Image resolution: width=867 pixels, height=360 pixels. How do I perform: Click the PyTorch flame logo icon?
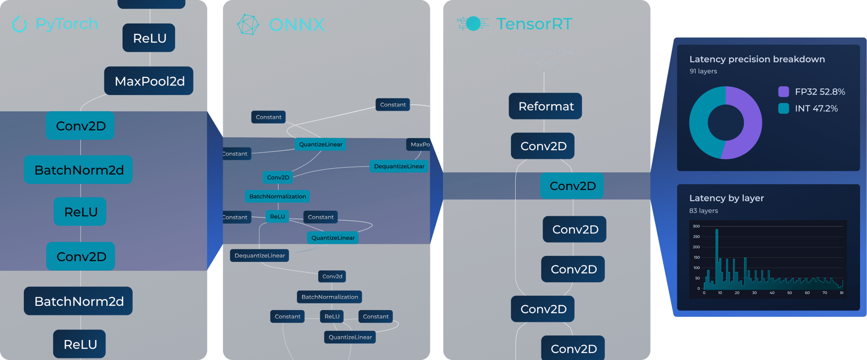20,24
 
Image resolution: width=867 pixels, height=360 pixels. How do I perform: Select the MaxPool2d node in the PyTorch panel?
149,81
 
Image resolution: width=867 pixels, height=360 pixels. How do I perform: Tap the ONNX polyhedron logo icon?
248,25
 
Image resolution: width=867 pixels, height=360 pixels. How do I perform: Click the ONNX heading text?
297,25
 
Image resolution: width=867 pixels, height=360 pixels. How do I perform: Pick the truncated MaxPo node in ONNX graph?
419,144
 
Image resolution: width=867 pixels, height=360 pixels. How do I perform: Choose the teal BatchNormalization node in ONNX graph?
277,196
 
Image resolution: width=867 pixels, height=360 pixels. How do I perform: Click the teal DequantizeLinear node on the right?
399,166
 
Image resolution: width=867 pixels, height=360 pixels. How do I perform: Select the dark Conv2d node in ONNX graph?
332,276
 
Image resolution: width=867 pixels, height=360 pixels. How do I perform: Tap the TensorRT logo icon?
473,23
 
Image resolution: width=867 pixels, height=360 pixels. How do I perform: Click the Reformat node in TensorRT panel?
546,106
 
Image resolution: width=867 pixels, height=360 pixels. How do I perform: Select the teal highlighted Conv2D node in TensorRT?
572,186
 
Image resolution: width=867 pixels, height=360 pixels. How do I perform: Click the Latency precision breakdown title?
757,59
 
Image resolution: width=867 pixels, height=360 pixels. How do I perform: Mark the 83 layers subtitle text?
704,211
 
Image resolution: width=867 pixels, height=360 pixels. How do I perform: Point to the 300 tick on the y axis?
696,226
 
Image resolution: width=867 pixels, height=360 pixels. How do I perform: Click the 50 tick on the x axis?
789,293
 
